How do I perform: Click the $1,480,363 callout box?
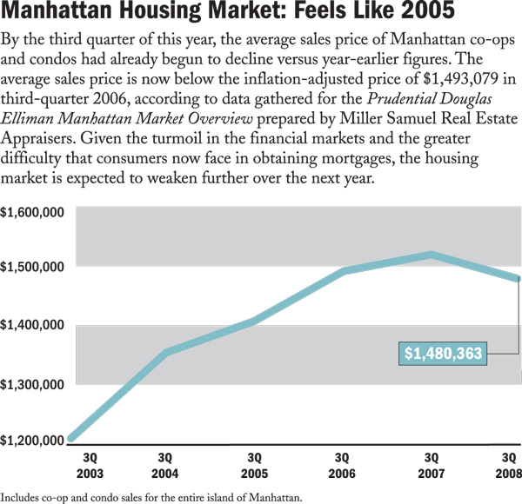tap(444, 354)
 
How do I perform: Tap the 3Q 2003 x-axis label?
tap(90, 465)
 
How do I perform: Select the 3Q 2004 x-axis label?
tap(165, 465)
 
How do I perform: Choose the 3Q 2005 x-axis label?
tap(255, 465)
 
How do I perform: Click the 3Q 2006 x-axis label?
tap(342, 465)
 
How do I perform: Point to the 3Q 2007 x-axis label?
tap(432, 465)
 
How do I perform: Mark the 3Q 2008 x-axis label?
tap(509, 465)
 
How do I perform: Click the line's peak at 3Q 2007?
tap(432, 255)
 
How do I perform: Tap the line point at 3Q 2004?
tap(165, 353)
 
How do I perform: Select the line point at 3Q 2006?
tap(343, 272)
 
